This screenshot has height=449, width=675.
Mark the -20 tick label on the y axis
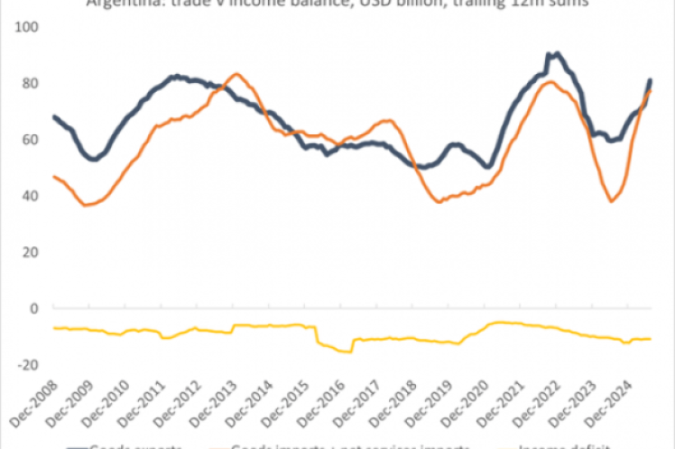point(27,364)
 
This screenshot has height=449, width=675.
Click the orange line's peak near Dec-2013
point(236,74)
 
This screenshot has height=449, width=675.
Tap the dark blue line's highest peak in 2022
point(556,54)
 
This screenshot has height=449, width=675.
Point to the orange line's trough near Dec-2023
point(612,200)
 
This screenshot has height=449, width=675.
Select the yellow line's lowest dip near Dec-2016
point(346,352)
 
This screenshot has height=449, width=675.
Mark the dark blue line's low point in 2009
point(93,160)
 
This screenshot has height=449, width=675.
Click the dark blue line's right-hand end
point(651,80)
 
